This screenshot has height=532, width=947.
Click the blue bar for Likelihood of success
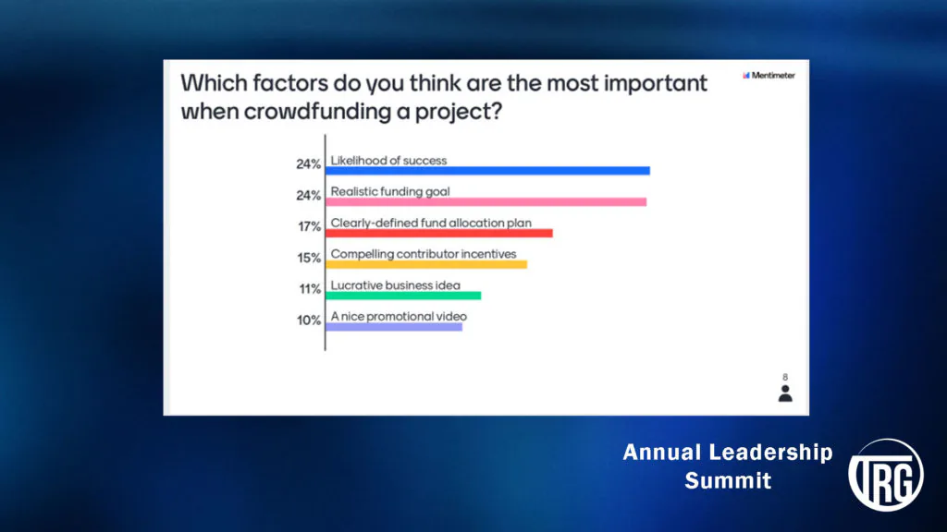click(x=487, y=171)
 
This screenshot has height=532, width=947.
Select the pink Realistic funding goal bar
click(x=486, y=202)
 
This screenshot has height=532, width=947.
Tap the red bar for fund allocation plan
click(x=439, y=234)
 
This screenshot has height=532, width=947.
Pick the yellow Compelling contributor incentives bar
click(x=426, y=264)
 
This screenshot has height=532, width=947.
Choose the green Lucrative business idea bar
click(x=403, y=296)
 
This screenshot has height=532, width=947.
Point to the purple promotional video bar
click(x=394, y=327)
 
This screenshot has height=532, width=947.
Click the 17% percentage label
click(x=309, y=227)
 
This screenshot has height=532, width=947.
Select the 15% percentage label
click(x=309, y=259)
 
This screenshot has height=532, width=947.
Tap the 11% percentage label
click(x=310, y=289)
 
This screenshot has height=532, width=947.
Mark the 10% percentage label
click(x=309, y=320)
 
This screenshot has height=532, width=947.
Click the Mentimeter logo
click(x=769, y=76)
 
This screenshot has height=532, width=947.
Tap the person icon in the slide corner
click(x=785, y=393)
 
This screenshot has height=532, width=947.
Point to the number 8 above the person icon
click(x=785, y=377)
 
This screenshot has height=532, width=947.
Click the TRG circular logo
click(x=886, y=475)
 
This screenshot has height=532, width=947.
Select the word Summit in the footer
click(x=728, y=480)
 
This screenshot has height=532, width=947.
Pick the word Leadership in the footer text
click(x=770, y=453)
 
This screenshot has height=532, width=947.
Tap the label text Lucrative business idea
click(x=396, y=285)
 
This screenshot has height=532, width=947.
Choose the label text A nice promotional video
click(x=399, y=317)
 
